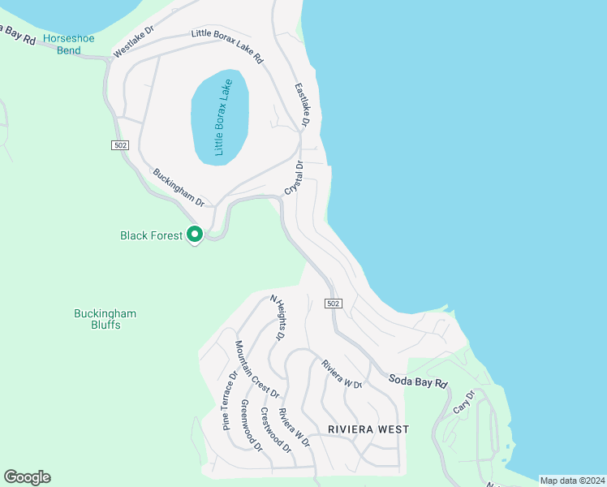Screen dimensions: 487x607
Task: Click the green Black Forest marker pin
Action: coord(195,235)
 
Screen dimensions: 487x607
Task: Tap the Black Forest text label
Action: coord(152,235)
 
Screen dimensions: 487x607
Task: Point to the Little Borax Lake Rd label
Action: coord(227,46)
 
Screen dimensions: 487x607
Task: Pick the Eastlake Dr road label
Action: coord(302,105)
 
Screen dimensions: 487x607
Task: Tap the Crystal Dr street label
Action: coord(294,178)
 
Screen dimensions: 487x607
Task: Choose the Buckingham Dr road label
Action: coord(178,187)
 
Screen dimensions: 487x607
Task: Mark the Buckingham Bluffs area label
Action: coord(105,319)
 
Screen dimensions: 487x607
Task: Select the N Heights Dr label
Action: coord(278,317)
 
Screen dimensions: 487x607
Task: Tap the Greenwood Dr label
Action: coord(252,425)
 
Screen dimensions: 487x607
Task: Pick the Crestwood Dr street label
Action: coord(276,429)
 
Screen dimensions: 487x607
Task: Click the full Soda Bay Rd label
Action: coord(418,381)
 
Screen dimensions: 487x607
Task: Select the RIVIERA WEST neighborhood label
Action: coord(368,429)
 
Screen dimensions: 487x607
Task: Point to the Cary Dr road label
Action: coord(463,403)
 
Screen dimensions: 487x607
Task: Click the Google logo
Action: coord(27,477)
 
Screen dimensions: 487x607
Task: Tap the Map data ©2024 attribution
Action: coord(572,481)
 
